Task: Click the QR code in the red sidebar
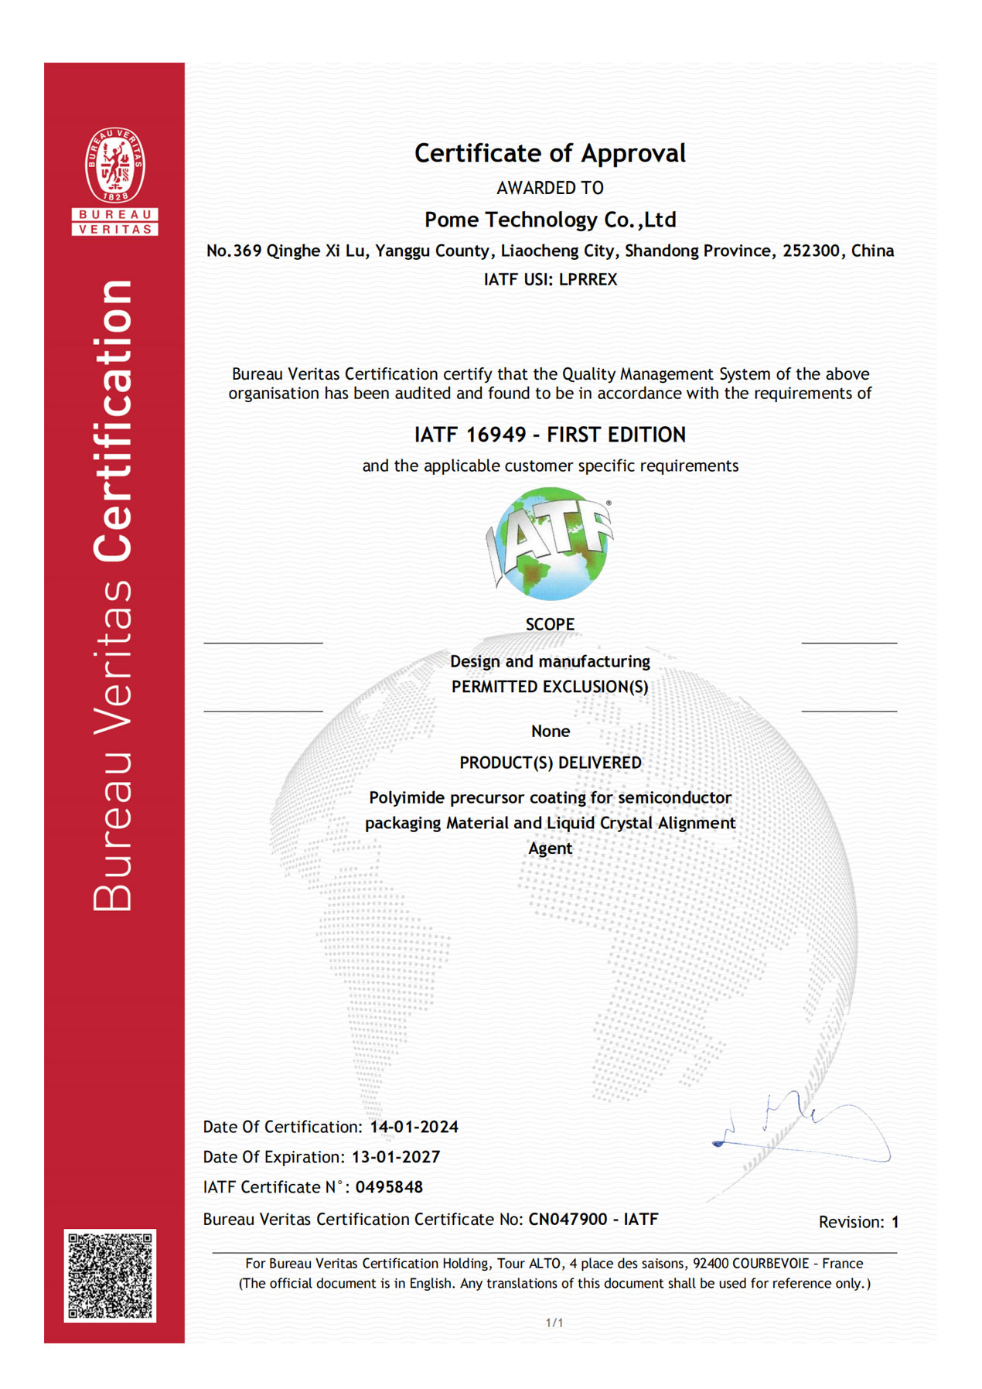tap(110, 1275)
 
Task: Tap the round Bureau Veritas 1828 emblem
tap(114, 166)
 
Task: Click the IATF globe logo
tap(550, 544)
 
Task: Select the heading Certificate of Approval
tap(550, 153)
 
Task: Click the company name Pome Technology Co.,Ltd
tap(550, 220)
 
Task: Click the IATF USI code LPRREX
tap(588, 279)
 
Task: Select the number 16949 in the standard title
tap(496, 435)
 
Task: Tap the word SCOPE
tap(550, 624)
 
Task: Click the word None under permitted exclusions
tap(550, 731)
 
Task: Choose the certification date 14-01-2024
tap(414, 1127)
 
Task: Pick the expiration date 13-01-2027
tap(395, 1157)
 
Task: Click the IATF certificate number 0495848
tap(389, 1187)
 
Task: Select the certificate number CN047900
tap(568, 1220)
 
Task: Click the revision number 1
tap(895, 1222)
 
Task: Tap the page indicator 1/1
tap(554, 1322)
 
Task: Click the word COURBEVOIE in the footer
tap(770, 1264)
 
